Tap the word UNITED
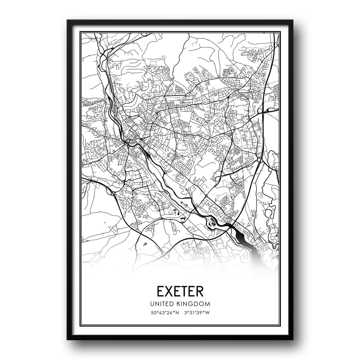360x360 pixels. click(165, 304)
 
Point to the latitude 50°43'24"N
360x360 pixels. click(165, 313)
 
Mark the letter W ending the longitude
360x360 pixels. click(207, 313)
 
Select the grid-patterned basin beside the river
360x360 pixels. click(213, 222)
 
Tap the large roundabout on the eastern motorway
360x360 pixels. click(259, 160)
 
